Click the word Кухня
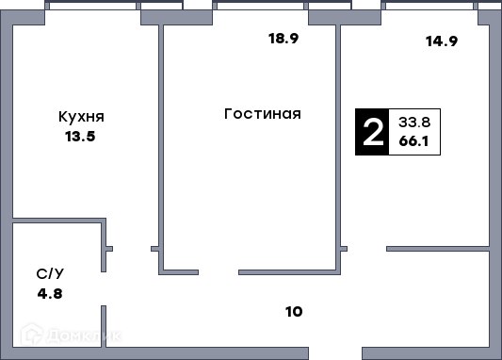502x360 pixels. click(x=81, y=117)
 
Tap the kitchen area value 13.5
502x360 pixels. click(x=80, y=137)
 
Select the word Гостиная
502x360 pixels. click(x=263, y=114)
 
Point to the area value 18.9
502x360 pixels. click(x=283, y=39)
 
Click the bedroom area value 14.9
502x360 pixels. click(x=442, y=41)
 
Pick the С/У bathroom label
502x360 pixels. click(x=50, y=274)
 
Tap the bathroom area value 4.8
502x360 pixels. click(x=50, y=294)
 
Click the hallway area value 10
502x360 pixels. click(x=294, y=312)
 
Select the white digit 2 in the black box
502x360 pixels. click(x=373, y=132)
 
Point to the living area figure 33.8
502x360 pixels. click(x=414, y=122)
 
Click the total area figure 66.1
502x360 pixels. click(x=413, y=141)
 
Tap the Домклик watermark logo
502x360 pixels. click(x=71, y=335)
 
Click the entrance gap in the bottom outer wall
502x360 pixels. click(x=335, y=353)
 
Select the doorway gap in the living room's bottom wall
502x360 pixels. click(x=219, y=272)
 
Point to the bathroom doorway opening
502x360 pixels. click(x=104, y=289)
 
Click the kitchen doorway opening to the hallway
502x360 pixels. click(x=132, y=249)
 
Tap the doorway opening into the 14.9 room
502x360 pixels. click(x=367, y=249)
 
